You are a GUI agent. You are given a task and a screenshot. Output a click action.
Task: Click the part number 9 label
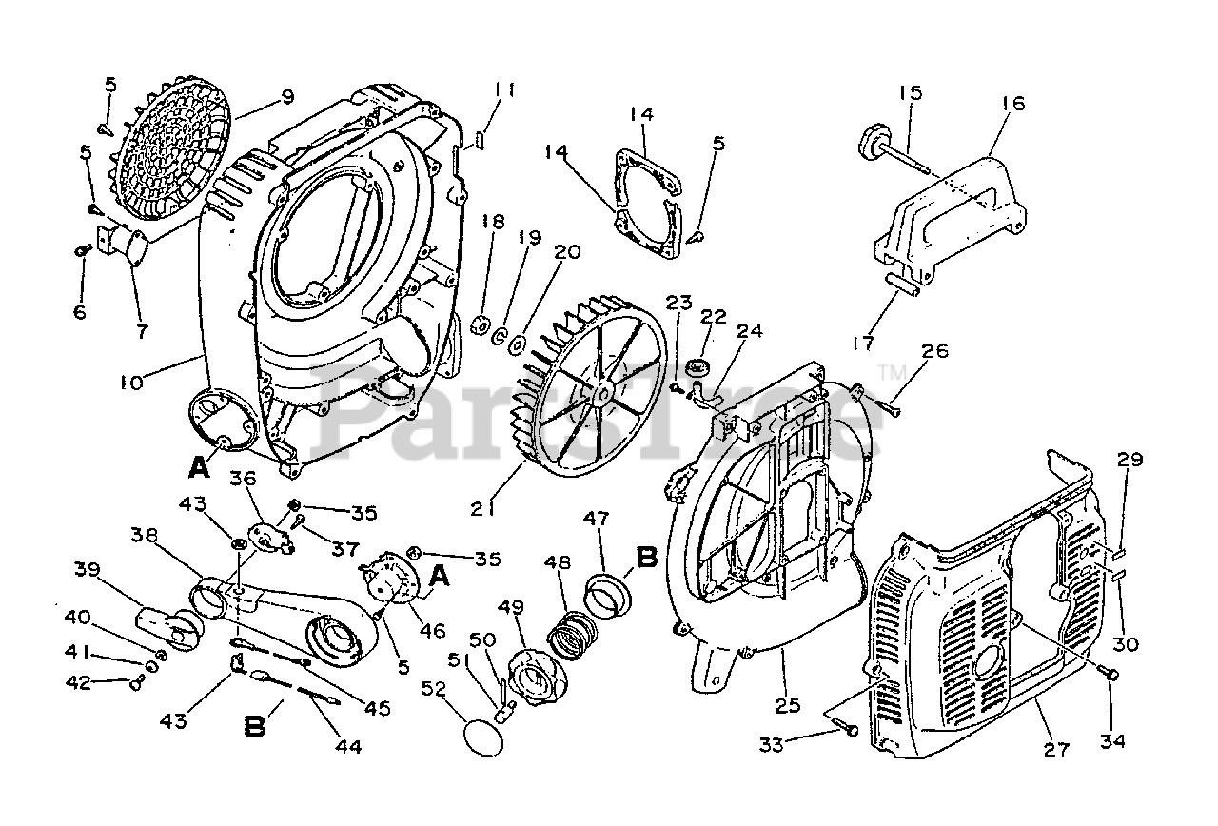[x=286, y=96]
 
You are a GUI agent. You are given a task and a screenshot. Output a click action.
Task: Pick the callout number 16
[x=1013, y=103]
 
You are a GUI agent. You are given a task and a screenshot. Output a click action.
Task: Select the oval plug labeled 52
[x=484, y=737]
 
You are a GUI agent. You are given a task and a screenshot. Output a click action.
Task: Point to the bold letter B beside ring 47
[x=647, y=557]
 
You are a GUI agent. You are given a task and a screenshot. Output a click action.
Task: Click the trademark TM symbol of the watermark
[x=890, y=371]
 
